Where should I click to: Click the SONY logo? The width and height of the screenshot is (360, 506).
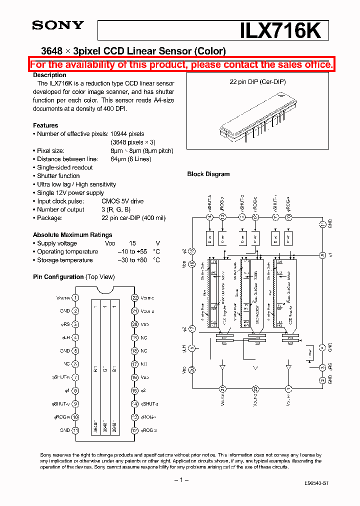point(58,25)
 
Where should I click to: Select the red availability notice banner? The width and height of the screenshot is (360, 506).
point(181,64)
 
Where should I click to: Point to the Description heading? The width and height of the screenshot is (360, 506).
point(49,75)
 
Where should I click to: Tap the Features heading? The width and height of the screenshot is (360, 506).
point(45,125)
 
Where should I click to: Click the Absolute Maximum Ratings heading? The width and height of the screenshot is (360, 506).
point(72,234)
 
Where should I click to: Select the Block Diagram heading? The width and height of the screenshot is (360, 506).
point(208,174)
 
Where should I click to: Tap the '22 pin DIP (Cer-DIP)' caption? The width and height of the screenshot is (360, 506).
point(257,81)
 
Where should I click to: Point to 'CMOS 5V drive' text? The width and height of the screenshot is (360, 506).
point(122,201)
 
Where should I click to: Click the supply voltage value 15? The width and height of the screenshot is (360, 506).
point(132,243)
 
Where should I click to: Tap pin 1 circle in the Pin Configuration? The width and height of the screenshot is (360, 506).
point(75,297)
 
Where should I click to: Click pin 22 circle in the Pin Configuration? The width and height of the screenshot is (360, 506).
point(134,297)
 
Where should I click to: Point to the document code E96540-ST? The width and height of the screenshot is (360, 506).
point(316,483)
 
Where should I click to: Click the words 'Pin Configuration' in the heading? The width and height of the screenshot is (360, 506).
point(58,277)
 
